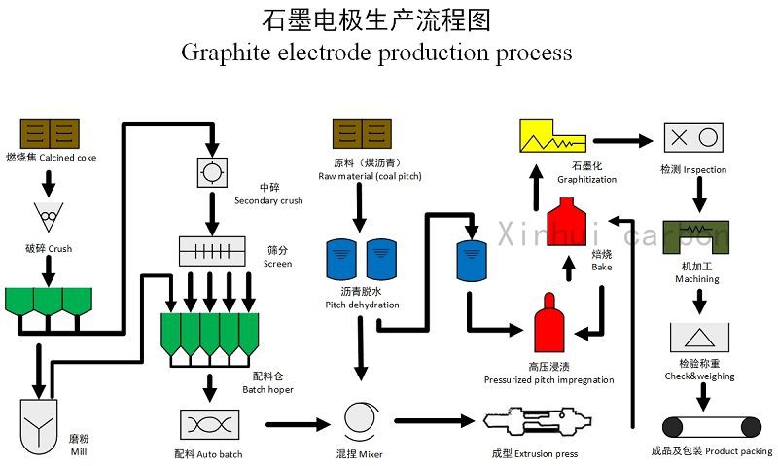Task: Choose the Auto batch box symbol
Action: (x=209, y=425)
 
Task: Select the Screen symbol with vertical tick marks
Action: (x=211, y=251)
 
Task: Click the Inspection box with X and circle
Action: (x=692, y=136)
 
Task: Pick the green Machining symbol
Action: (x=697, y=236)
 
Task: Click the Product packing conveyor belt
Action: (x=711, y=425)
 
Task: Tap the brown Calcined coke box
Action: (x=50, y=133)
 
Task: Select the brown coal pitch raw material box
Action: (x=361, y=133)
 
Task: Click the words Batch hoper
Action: (x=268, y=389)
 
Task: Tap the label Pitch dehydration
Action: (x=362, y=305)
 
